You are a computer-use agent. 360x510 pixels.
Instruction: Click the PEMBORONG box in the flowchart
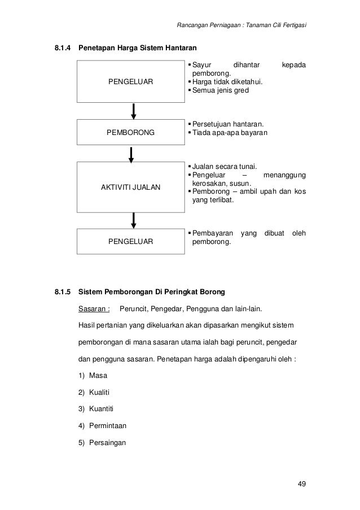pyautogui.click(x=130, y=133)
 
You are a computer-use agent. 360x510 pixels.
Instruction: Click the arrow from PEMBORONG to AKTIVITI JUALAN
pyautogui.click(x=131, y=154)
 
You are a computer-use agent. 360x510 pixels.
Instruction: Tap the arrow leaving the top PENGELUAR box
pyautogui.click(x=134, y=111)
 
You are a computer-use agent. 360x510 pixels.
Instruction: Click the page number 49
pyautogui.click(x=302, y=484)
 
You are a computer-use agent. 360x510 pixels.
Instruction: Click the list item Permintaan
pyautogui.click(x=108, y=426)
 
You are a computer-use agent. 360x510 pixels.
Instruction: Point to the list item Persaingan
pyautogui.click(x=108, y=443)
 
